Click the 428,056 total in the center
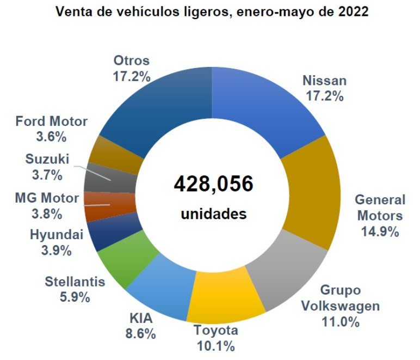pyautogui.click(x=213, y=185)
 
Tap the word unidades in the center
pyautogui.click(x=213, y=214)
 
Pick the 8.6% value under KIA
pyautogui.click(x=140, y=333)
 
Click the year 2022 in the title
pyautogui.click(x=348, y=11)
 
